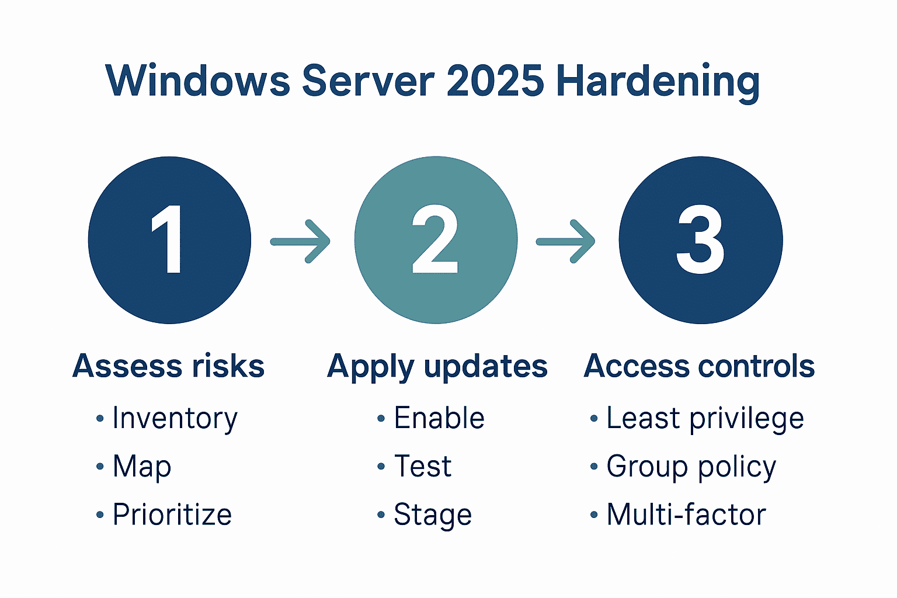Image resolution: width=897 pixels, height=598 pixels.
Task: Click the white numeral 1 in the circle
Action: click(168, 239)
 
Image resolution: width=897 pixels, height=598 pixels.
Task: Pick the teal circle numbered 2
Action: click(436, 239)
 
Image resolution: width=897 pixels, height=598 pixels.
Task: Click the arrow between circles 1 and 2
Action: click(301, 241)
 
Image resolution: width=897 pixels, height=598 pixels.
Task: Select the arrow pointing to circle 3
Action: click(566, 241)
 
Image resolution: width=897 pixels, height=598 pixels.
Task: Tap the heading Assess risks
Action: click(169, 366)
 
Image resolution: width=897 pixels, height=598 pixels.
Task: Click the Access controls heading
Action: click(699, 366)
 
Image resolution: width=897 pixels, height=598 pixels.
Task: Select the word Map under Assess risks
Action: click(142, 467)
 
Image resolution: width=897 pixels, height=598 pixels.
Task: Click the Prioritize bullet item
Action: click(172, 514)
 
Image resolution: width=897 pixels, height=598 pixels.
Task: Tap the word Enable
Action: click(439, 418)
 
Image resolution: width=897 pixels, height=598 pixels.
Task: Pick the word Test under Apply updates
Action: click(423, 467)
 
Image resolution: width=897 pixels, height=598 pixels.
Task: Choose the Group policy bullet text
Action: click(691, 467)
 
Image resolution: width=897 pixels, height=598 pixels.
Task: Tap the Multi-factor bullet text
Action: click(686, 514)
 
